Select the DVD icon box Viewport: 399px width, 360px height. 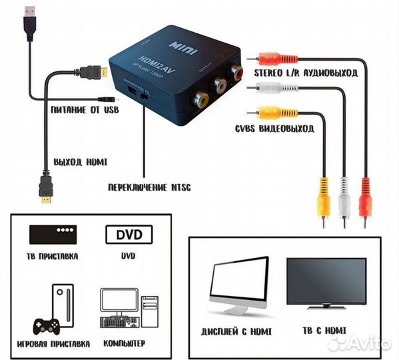pos(129,235)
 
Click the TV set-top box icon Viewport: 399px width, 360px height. pos(54,235)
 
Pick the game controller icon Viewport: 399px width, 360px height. pos(47,325)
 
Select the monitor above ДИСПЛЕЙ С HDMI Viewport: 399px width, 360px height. pos(239,286)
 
